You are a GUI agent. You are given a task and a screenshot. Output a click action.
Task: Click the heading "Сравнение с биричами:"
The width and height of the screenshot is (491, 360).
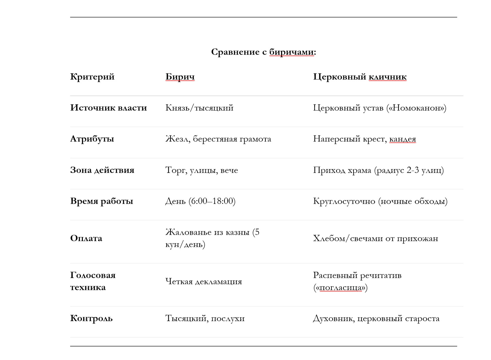(263, 52)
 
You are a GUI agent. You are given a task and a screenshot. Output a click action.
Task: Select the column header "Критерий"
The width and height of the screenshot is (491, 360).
(92, 77)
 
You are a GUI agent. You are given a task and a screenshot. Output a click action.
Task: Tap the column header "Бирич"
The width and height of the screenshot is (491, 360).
(180, 77)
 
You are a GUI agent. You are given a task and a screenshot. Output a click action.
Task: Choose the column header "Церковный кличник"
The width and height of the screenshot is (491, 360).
(360, 77)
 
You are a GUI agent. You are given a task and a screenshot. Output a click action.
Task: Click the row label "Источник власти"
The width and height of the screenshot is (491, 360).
(108, 108)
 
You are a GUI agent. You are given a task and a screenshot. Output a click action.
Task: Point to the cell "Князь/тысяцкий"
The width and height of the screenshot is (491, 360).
(199, 108)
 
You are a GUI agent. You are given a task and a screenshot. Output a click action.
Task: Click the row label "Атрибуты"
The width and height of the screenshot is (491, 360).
(92, 139)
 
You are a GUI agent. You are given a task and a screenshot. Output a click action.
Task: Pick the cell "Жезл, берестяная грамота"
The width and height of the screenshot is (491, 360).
(218, 139)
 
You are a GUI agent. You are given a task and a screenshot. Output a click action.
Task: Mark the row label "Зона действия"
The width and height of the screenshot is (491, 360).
(102, 170)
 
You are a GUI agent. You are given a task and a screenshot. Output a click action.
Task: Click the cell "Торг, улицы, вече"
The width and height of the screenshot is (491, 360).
(202, 170)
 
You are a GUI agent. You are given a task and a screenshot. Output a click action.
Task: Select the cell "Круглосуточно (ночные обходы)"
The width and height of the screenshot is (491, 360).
(380, 201)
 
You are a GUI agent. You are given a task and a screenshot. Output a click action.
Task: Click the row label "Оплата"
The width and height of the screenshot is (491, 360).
(86, 238)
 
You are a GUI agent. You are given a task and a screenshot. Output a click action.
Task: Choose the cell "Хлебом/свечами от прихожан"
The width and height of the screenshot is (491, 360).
(376, 238)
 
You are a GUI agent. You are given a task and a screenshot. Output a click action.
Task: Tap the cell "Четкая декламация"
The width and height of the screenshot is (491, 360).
(204, 281)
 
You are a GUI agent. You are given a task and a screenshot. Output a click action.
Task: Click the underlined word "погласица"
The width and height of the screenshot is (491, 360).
(340, 287)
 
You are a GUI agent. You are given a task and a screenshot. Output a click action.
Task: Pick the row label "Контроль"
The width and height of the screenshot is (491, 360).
(91, 318)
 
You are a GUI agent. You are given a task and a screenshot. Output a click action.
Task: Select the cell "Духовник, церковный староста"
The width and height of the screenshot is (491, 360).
(376, 318)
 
